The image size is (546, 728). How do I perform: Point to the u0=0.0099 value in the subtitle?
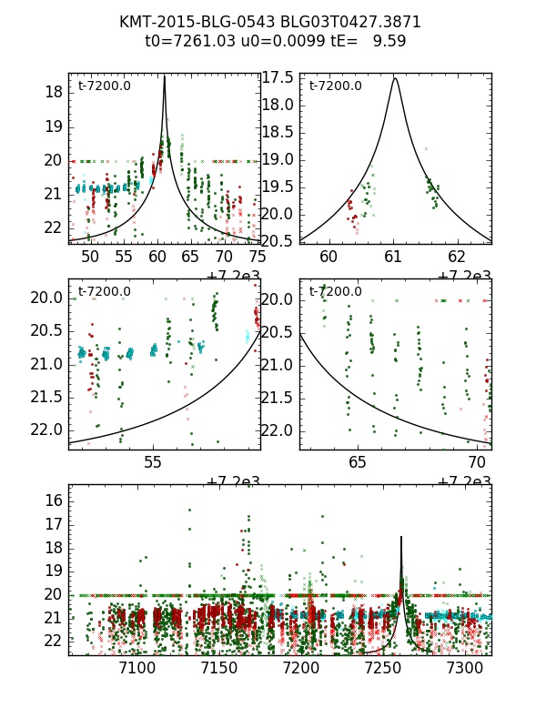[x=277, y=41]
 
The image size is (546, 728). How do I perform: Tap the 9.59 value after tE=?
[x=389, y=41]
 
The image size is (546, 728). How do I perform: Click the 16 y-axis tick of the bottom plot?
[x=54, y=500]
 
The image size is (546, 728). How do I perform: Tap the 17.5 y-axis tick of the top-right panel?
[x=278, y=77]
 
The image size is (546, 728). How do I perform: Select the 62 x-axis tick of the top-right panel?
[x=457, y=258]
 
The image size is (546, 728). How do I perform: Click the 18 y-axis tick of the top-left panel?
[x=53, y=92]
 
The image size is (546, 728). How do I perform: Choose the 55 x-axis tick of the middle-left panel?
[x=153, y=463]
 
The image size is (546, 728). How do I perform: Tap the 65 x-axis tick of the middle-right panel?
[x=358, y=463]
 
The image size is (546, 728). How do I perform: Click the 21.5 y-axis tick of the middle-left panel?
[x=45, y=397]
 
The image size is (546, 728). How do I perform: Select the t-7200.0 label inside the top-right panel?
[x=336, y=86]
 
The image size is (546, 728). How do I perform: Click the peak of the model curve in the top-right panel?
[x=395, y=78]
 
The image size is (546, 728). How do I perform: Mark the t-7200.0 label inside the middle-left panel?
[x=105, y=292]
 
